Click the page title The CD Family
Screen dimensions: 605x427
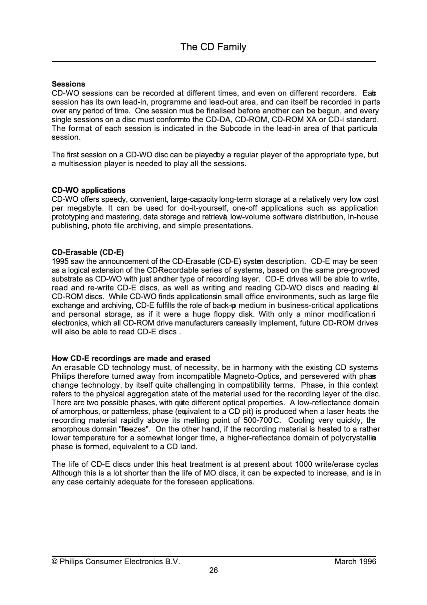click(x=213, y=47)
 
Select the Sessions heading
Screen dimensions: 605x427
click(x=68, y=84)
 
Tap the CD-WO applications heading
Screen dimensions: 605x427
click(x=88, y=190)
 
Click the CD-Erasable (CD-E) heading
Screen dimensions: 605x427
click(x=87, y=252)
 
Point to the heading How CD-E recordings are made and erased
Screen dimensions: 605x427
click(x=131, y=359)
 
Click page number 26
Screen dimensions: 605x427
click(x=213, y=570)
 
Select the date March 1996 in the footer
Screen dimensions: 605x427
click(x=355, y=562)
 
